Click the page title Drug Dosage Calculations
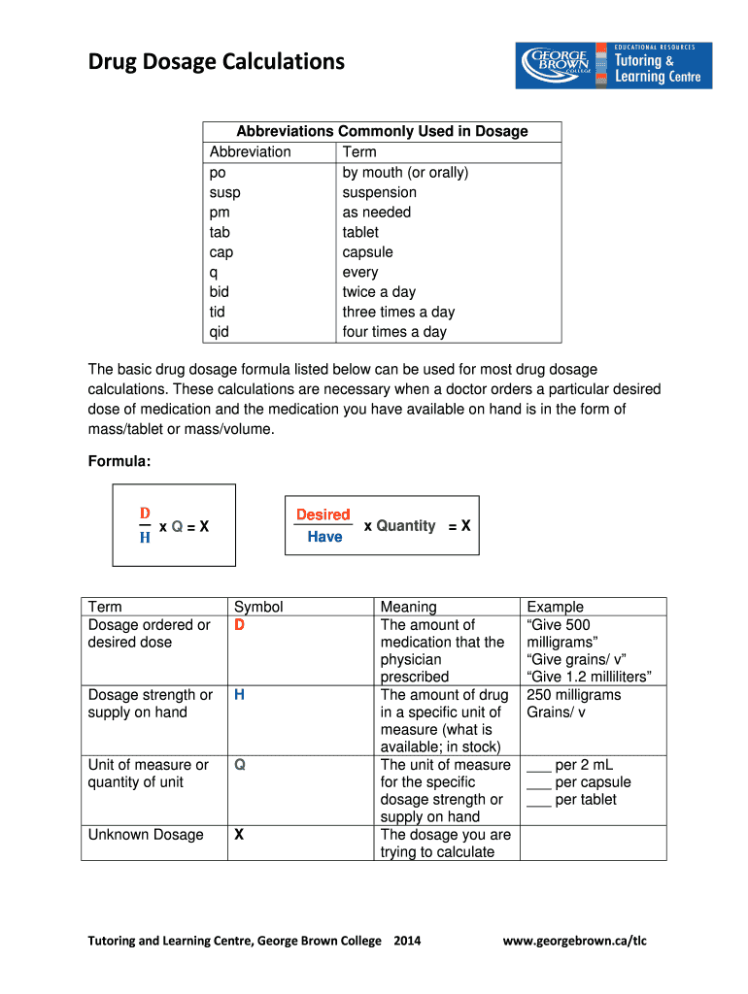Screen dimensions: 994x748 pyautogui.click(x=216, y=62)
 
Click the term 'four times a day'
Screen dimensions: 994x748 pyautogui.click(x=394, y=332)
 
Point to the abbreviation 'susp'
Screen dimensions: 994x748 pyautogui.click(x=224, y=192)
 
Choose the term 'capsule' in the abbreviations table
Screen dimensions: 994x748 pyautogui.click(x=367, y=252)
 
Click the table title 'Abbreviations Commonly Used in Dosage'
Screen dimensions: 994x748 pyautogui.click(x=382, y=131)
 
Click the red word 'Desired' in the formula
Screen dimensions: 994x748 pyautogui.click(x=323, y=514)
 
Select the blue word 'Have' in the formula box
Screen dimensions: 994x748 pyautogui.click(x=324, y=537)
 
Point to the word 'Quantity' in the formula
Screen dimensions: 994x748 pyautogui.click(x=405, y=525)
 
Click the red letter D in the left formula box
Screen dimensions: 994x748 pyautogui.click(x=145, y=513)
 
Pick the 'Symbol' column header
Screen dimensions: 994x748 pyautogui.click(x=258, y=607)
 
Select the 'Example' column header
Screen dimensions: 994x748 pyautogui.click(x=555, y=607)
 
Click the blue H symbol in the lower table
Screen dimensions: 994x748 pyautogui.click(x=239, y=695)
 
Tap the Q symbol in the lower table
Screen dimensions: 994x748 pyautogui.click(x=239, y=765)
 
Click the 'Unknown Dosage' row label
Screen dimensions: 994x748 pyautogui.click(x=146, y=835)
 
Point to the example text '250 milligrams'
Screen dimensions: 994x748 pyautogui.click(x=573, y=695)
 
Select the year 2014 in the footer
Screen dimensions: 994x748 pyautogui.click(x=407, y=941)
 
